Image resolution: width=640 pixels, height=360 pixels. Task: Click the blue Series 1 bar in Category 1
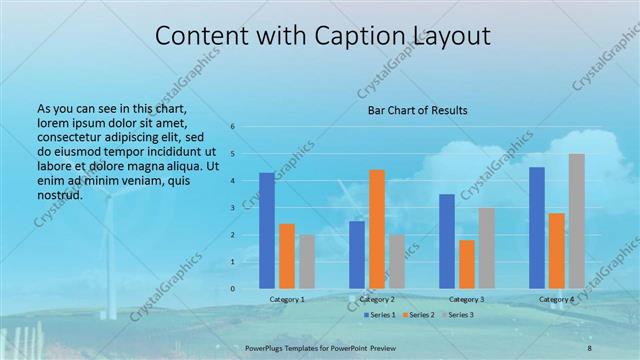pos(267,231)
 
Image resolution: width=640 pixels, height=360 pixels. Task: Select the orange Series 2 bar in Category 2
pos(377,229)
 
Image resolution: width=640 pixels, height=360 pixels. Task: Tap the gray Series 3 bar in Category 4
pos(576,221)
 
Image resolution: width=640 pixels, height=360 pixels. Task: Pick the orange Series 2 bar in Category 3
pos(467,264)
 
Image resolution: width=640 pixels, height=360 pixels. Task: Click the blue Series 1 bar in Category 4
pos(537,228)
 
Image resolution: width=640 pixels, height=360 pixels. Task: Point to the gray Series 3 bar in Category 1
pos(307,262)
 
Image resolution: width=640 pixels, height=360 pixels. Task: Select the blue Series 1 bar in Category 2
pos(357,255)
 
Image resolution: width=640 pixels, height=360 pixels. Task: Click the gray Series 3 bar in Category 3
pos(486,248)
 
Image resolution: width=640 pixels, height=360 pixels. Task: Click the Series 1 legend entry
pos(379,315)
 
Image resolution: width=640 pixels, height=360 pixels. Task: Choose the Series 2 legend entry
pos(418,315)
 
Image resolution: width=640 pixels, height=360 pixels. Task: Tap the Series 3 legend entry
pos(457,315)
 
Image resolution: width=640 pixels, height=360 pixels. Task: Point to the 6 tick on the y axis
pos(232,127)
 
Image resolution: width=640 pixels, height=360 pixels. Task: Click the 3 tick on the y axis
pos(232,208)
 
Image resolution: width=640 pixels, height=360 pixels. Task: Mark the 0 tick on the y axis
pos(232,289)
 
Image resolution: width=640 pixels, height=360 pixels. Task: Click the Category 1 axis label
pos(287,299)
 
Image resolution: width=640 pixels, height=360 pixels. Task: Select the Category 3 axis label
pos(467,299)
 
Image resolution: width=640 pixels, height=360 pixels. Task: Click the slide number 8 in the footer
pos(590,347)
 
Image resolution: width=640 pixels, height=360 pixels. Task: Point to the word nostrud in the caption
pos(60,194)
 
